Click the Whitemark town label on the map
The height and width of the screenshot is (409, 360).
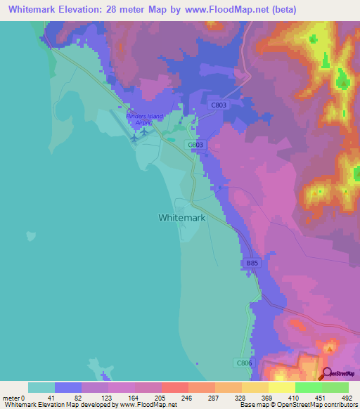point(181,218)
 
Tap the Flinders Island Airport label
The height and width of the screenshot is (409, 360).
point(144,119)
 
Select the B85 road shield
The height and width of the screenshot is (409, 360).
point(252,263)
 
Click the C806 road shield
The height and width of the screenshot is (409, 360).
point(242,363)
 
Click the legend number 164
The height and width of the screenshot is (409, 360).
point(131,397)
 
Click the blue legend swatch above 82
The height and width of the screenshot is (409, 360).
point(68,387)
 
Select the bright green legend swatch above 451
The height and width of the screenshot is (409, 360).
point(309,387)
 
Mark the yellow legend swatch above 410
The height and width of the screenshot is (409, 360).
point(282,387)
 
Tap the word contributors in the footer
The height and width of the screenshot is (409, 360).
point(339,405)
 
